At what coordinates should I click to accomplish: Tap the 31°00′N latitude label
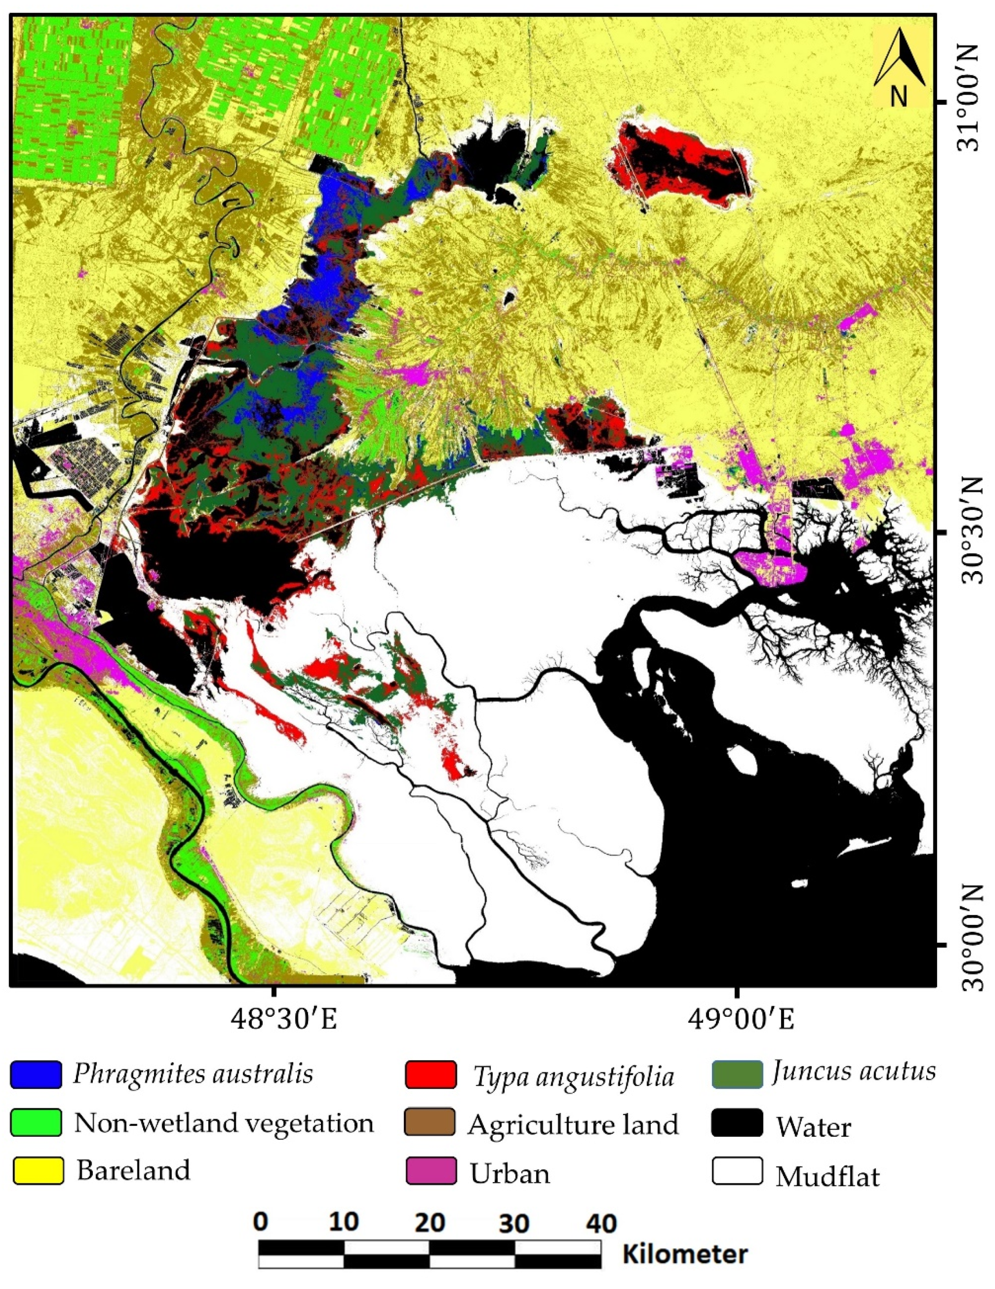coord(970,101)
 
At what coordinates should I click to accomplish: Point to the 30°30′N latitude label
coord(970,531)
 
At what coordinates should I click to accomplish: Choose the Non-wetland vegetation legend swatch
coord(36,1122)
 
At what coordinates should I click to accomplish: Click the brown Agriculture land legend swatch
coord(431,1122)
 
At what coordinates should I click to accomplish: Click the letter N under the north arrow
coord(899,95)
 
